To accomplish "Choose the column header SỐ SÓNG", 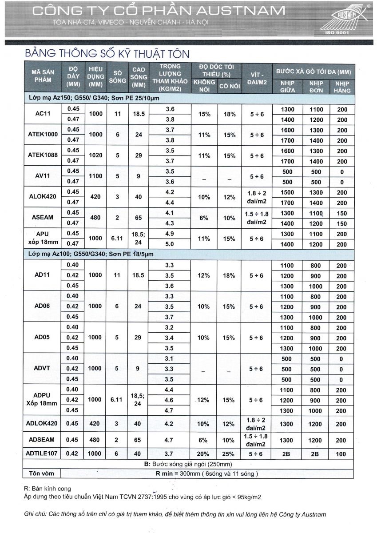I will [x=117, y=76].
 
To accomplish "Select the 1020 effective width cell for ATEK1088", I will [x=95, y=155].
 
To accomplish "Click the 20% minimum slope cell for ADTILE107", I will [x=204, y=453].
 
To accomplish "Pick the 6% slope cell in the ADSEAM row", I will [x=204, y=440].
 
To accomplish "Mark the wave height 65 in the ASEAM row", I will [x=138, y=218].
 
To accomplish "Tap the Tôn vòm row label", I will [x=41, y=473].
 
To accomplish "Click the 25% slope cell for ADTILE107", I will [x=229, y=453].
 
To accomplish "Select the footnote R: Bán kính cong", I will [x=48, y=489].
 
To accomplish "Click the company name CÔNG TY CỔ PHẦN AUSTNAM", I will [x=159, y=11].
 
